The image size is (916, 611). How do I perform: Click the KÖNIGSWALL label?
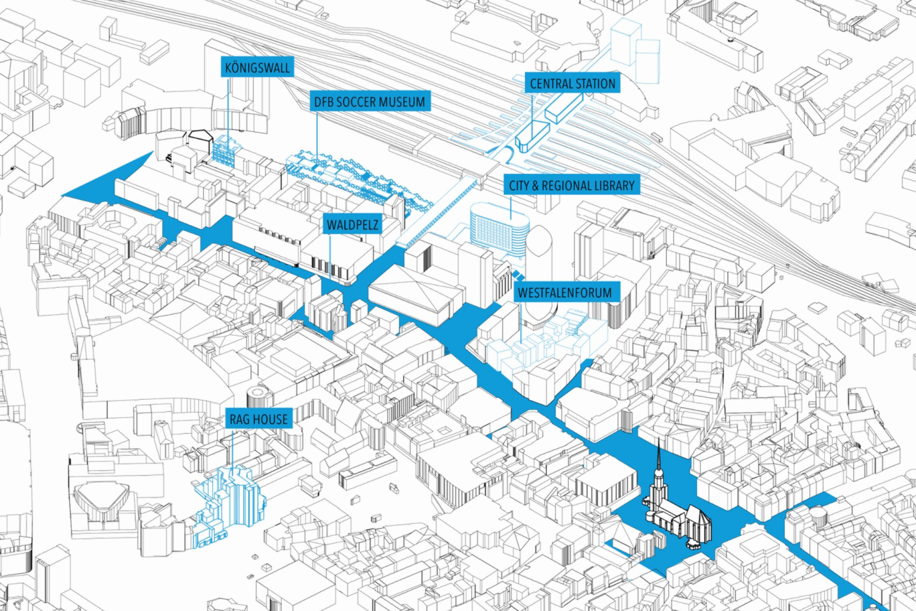point(257,68)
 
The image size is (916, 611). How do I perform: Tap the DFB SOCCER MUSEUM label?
point(369,102)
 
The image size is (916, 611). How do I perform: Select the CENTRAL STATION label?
point(572,84)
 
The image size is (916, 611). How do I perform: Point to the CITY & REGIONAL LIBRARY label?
point(572,185)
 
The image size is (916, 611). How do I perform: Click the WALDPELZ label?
point(352,225)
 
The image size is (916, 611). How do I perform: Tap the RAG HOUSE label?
point(259,419)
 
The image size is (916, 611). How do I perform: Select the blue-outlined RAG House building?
point(230,506)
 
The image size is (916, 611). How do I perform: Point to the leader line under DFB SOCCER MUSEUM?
point(317,136)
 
